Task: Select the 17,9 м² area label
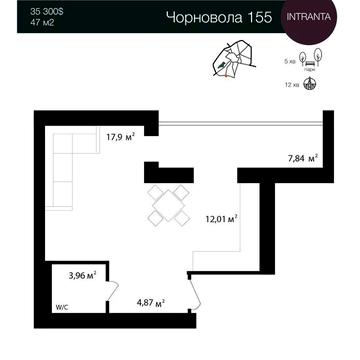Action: tap(120, 138)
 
